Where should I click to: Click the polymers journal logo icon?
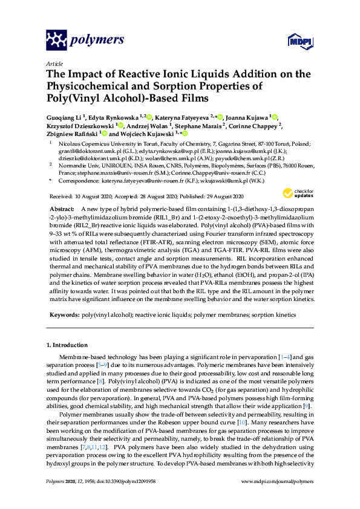click(56, 40)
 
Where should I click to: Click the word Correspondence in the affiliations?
click(77, 180)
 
